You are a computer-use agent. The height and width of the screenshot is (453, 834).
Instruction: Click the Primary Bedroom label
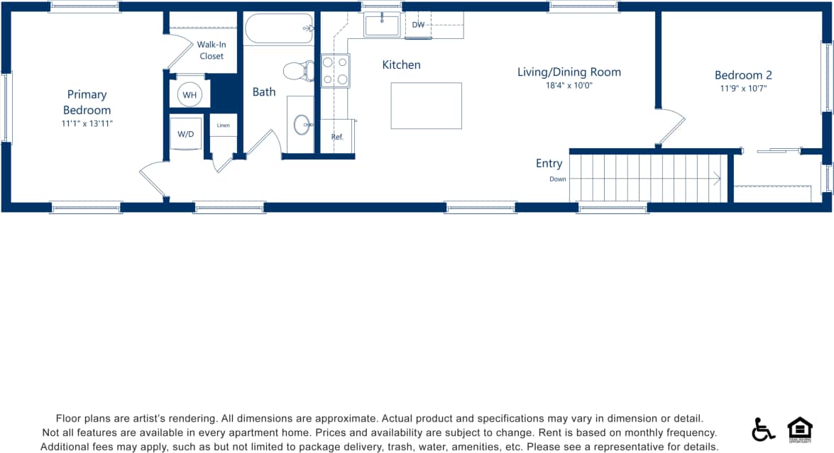point(87,102)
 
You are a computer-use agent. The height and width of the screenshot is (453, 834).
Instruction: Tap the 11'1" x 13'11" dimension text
point(87,123)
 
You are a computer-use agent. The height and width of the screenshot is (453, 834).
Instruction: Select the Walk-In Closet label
point(211,50)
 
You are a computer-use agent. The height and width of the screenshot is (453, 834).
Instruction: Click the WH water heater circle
point(190,94)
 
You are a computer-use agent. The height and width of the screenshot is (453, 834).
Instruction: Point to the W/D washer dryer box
point(186,135)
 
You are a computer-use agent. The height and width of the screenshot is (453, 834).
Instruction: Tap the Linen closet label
point(224,125)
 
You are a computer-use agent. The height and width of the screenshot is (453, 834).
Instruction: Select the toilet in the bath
point(298,70)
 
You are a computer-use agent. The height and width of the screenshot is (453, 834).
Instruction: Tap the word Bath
point(264,91)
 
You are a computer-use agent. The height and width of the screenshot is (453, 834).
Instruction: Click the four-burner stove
point(335,70)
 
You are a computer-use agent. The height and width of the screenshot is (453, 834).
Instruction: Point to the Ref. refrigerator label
point(337,137)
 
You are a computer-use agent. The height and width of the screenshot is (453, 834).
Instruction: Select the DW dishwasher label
point(418,25)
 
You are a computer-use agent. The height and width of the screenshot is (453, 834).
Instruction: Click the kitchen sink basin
point(382,25)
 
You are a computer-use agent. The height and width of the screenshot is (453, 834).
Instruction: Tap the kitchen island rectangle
point(426,106)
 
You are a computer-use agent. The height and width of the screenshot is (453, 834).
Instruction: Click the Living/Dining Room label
point(569,72)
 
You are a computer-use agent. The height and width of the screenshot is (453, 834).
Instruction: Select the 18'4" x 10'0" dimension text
point(569,85)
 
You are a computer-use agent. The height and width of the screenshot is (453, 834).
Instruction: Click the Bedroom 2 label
point(743,75)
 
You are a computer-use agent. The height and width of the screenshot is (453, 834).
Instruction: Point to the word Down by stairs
point(557,179)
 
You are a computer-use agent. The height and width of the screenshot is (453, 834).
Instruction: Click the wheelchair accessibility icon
point(763,429)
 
